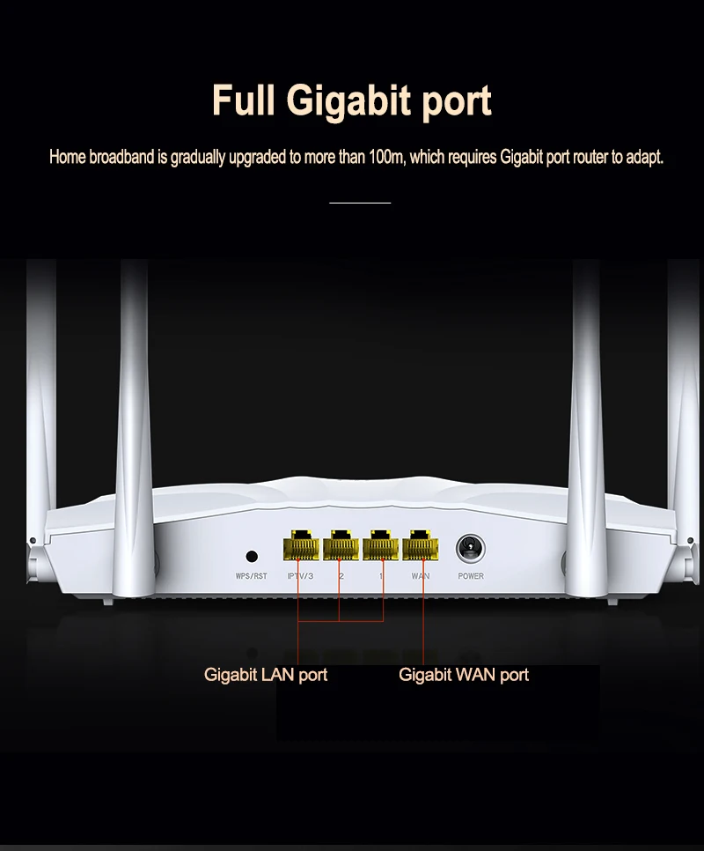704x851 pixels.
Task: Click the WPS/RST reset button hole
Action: coord(252,556)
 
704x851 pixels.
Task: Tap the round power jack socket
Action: coord(470,550)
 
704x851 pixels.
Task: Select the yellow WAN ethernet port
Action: coord(420,547)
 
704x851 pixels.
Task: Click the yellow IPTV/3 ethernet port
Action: coord(299,547)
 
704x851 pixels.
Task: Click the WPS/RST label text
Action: coord(251,576)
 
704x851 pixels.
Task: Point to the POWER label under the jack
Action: coord(471,576)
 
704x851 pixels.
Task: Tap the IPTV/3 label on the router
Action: coord(300,576)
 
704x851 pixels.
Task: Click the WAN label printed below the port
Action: coord(421,576)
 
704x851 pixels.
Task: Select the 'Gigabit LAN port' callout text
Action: coord(266,675)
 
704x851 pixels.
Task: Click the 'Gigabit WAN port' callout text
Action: coord(464,675)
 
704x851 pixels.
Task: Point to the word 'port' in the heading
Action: coord(455,102)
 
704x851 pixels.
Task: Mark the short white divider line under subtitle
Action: coord(359,203)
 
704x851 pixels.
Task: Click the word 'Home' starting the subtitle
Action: coord(67,158)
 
